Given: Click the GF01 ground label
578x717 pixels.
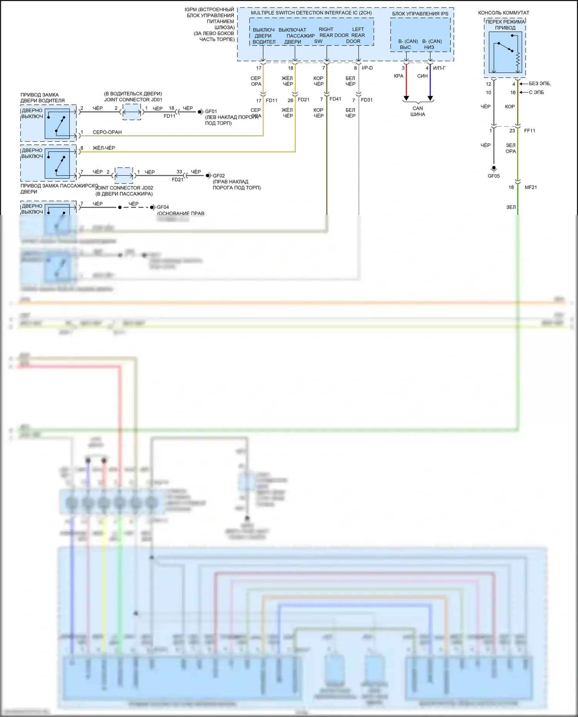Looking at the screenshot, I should point(211,111).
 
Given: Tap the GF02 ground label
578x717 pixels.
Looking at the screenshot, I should point(219,176).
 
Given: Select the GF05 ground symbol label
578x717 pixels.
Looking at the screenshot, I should point(494,176).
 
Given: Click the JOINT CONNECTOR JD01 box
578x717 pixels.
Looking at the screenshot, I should point(131,112).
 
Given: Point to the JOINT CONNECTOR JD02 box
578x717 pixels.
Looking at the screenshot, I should point(124,176).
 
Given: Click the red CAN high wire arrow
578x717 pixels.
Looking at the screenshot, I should point(406,98).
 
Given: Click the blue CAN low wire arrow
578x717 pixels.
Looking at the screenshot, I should point(430,98).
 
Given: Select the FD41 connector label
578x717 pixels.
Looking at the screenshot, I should point(335,99).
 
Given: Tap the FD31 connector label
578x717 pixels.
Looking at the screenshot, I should point(367,100).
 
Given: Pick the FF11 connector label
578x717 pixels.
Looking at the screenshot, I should point(529,131).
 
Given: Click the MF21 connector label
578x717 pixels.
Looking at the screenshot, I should point(531,187).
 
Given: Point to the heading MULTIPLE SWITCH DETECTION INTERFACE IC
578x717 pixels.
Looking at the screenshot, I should point(311,13).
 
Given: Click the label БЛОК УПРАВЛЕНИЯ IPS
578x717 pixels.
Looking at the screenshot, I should point(420,13).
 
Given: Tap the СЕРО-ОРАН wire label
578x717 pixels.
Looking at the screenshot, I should point(107,132).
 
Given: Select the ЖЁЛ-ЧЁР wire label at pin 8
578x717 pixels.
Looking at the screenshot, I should point(104,148).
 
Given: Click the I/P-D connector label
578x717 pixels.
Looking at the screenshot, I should point(367,68).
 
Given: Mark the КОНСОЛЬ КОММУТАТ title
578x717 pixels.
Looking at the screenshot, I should point(504,13).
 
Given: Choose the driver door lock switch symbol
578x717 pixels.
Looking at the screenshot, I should point(57,124).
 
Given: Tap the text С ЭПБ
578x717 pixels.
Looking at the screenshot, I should point(536,92).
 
